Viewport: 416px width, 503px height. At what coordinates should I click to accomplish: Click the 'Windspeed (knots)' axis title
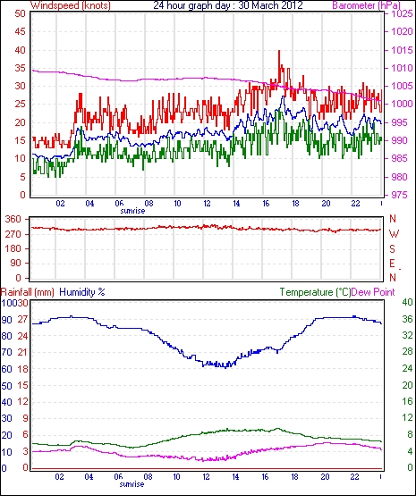[71, 5]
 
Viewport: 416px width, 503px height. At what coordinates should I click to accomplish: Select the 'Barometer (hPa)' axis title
[367, 5]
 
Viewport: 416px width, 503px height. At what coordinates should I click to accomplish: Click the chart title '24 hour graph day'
[190, 5]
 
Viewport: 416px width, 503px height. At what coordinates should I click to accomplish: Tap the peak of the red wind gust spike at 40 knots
[279, 51]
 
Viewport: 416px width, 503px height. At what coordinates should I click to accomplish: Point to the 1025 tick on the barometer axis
[402, 13]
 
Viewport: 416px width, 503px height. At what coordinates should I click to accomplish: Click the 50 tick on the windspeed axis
[20, 13]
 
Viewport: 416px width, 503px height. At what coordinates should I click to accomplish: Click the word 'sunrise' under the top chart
[132, 211]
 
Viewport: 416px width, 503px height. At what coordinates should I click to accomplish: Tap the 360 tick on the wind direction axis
[13, 220]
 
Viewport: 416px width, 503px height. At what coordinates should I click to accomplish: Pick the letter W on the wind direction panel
[394, 234]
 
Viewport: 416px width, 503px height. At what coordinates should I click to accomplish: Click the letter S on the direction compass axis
[392, 248]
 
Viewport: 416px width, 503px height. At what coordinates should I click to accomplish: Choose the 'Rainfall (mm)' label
[28, 292]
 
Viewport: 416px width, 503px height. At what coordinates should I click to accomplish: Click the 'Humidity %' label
[82, 292]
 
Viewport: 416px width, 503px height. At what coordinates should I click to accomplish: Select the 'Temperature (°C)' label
[315, 292]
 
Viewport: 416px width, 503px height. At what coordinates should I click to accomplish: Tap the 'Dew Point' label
[373, 292]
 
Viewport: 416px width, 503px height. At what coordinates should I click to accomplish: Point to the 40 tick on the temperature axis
[407, 302]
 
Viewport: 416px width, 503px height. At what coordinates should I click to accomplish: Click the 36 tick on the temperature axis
[407, 319]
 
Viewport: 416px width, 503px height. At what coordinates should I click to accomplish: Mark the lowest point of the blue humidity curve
[225, 367]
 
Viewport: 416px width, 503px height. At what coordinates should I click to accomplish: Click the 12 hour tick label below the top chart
[207, 204]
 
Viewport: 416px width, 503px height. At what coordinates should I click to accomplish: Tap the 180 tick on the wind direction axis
[13, 248]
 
